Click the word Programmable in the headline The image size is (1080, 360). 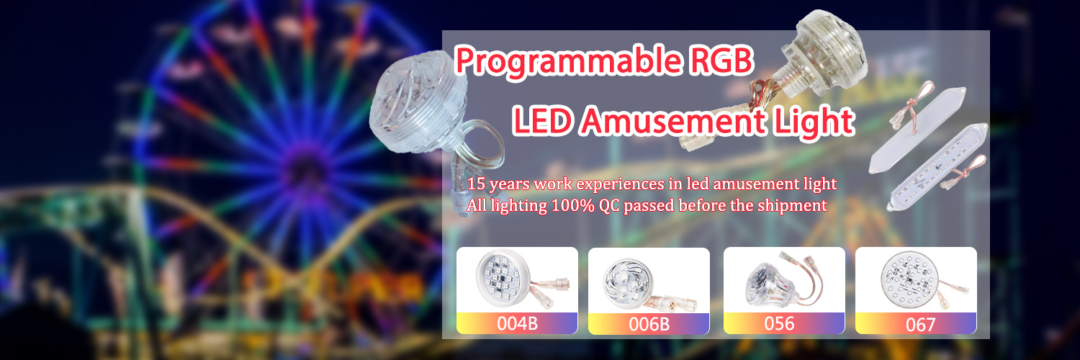pos(569,60)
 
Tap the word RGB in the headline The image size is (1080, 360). pos(721,60)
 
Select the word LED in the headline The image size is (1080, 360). pos(542,120)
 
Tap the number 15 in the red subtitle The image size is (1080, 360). pos(476,184)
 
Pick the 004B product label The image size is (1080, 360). pos(517,323)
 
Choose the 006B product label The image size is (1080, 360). pos(649,324)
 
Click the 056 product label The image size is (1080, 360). pos(779,323)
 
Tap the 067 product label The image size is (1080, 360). pos(920,325)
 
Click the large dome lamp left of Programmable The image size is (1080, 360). pos(418,103)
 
